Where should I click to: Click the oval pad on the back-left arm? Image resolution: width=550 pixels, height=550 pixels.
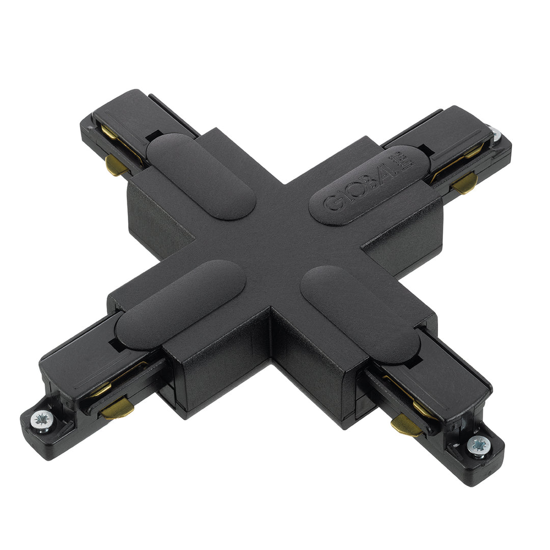[201, 176]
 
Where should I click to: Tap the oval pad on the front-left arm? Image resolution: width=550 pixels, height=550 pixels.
[181, 304]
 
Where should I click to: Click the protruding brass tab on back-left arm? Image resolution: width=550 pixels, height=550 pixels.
[115, 166]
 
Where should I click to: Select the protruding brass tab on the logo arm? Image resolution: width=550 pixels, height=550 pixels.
[464, 183]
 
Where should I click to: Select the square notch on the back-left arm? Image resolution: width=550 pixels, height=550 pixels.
[151, 136]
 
